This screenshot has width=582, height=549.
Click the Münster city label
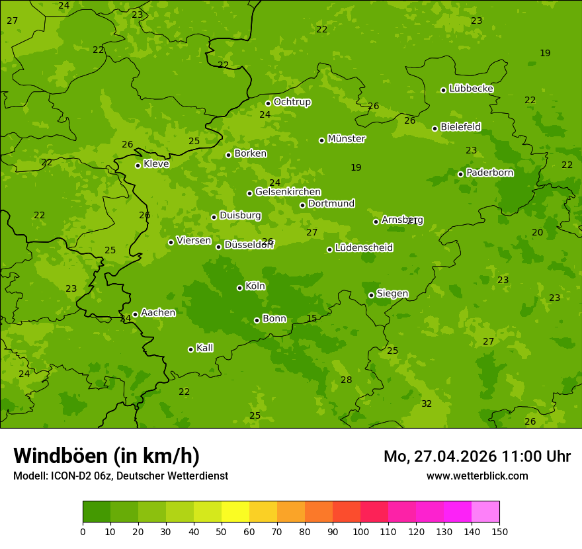tap(346, 139)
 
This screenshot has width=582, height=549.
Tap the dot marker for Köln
tap(239, 288)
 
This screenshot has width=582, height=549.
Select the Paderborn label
tap(489, 173)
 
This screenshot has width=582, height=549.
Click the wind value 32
tap(427, 403)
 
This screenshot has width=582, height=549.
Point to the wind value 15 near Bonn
tap(312, 319)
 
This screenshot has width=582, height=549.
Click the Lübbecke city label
tap(471, 89)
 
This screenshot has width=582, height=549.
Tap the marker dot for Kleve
tap(138, 165)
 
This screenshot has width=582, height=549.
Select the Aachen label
tap(158, 313)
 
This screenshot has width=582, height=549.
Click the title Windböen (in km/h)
tap(106, 456)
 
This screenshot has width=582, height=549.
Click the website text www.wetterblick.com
tap(477, 476)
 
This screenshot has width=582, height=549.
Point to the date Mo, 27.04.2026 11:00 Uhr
tap(477, 456)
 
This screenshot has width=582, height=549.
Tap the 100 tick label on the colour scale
tap(360, 531)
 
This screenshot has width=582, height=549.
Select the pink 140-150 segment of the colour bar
tap(485, 512)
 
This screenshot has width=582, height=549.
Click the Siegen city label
tap(392, 294)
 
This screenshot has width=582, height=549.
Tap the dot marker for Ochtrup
tap(268, 103)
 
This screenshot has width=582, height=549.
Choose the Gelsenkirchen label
tap(288, 192)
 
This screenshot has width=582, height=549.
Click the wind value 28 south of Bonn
tap(346, 380)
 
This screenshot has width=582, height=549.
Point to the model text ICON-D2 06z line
tap(120, 476)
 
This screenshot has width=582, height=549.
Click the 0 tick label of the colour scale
tap(83, 531)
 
